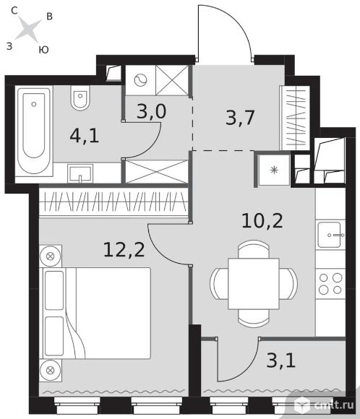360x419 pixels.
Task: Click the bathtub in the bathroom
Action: point(34,131)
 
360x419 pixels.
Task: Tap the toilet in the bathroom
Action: point(80,98)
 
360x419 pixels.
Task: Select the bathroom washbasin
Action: point(80,173)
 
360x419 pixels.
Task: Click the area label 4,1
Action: point(85,136)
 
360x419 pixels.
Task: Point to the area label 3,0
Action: point(151,111)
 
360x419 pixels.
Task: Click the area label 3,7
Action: point(240,118)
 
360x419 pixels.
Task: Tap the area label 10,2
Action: point(262,221)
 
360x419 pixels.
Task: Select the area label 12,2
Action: point(124,250)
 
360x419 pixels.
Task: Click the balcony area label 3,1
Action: point(280,360)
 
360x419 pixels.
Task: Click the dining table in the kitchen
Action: point(254,283)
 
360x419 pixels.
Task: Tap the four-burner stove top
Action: point(330,283)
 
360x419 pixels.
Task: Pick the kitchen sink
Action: point(330,235)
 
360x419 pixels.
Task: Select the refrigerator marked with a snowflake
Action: point(274,170)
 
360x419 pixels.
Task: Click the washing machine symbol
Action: point(141,80)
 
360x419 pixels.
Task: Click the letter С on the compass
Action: point(14,11)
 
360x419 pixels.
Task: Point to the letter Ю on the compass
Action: point(43,50)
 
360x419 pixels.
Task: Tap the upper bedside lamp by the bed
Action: point(51,256)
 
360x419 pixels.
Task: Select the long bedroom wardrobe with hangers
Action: point(113,202)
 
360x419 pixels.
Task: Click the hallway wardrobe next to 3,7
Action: point(295,118)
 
